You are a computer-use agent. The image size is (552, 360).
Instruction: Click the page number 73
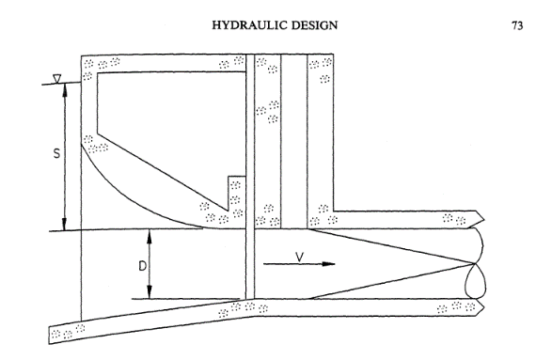click(516, 25)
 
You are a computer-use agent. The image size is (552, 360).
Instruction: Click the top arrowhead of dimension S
click(64, 91)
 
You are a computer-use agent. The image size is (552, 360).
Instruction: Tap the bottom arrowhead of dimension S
click(64, 224)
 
